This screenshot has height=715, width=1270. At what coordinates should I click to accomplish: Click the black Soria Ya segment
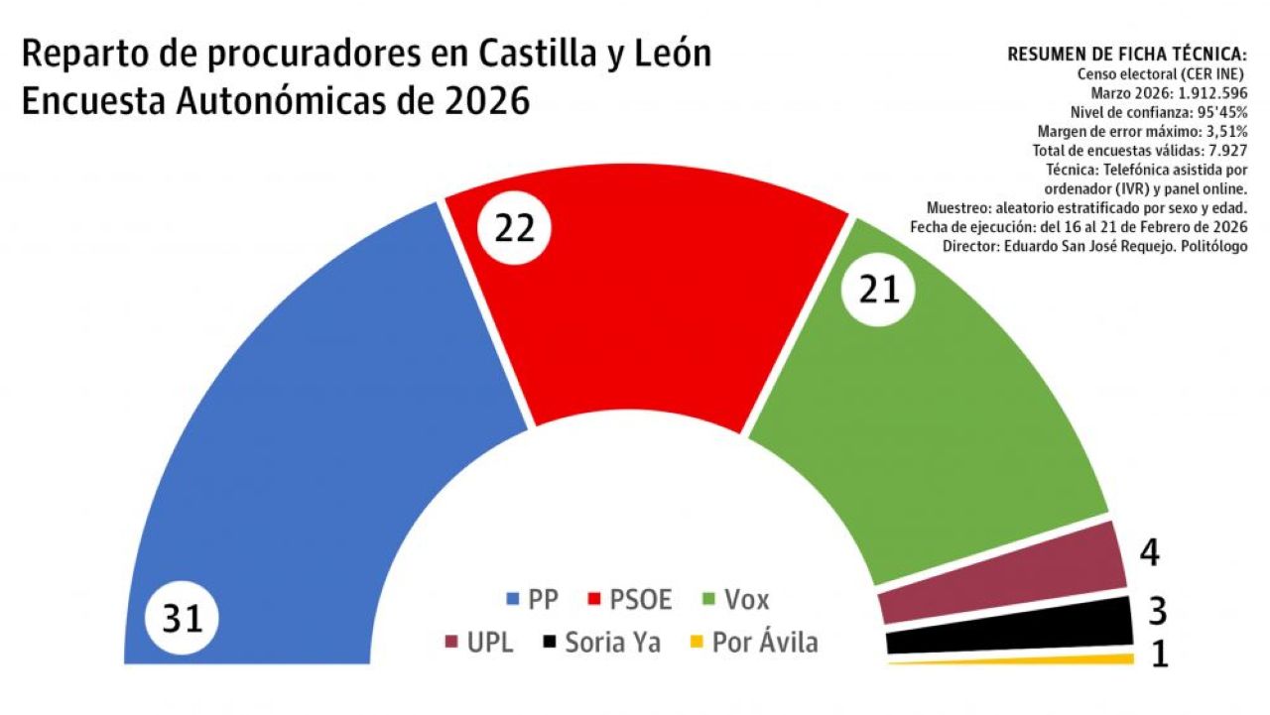(x=1007, y=631)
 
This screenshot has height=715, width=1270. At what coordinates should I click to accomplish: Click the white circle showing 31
(x=183, y=619)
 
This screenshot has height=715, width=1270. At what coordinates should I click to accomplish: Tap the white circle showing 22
(x=514, y=228)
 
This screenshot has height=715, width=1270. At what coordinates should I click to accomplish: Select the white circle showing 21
(x=878, y=289)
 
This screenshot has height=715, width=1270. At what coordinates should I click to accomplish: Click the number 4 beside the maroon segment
(x=1149, y=553)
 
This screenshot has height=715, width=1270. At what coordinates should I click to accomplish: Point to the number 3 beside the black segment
(x=1156, y=611)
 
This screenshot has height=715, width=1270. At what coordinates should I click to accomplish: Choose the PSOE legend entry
(x=629, y=599)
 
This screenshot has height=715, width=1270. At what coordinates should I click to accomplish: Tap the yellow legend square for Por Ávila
(x=697, y=643)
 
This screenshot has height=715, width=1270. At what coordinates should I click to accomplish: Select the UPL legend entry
(x=478, y=642)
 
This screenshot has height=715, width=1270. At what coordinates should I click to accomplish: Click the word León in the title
(x=670, y=54)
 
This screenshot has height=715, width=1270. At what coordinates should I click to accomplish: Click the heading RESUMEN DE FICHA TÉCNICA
(x=1126, y=55)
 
